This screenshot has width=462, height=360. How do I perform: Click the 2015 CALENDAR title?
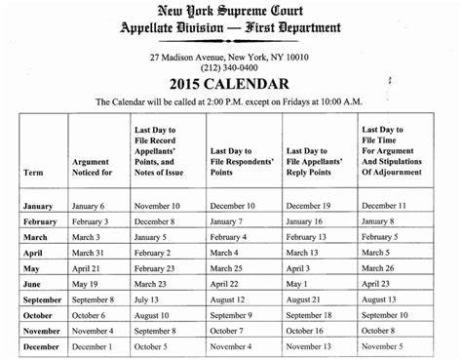(231, 84)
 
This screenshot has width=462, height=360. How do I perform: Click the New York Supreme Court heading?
(232, 11)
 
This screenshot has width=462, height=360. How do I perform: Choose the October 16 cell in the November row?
(314, 331)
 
